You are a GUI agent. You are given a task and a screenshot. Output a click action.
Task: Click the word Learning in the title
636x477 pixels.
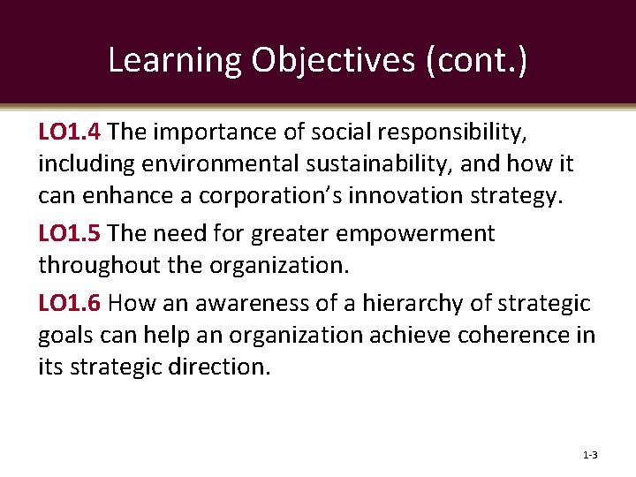point(175,59)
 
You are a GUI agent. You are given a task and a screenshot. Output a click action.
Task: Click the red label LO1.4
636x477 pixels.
point(72,132)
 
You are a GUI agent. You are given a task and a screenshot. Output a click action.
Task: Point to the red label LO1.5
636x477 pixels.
point(72,234)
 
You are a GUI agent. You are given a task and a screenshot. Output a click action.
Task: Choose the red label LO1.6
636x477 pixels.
point(72,303)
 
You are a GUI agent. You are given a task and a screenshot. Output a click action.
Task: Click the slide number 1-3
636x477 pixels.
point(590,455)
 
